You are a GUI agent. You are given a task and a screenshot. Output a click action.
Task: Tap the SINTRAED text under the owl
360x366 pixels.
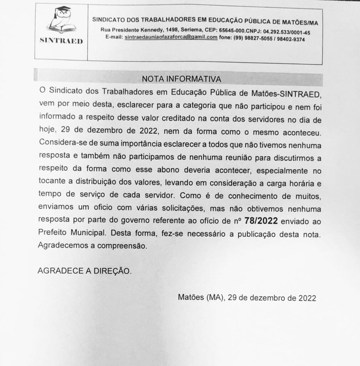click(x=60, y=41)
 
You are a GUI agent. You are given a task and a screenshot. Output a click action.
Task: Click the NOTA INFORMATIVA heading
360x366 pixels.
click(x=182, y=78)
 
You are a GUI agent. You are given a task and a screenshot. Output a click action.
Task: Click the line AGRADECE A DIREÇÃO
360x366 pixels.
click(x=84, y=271)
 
